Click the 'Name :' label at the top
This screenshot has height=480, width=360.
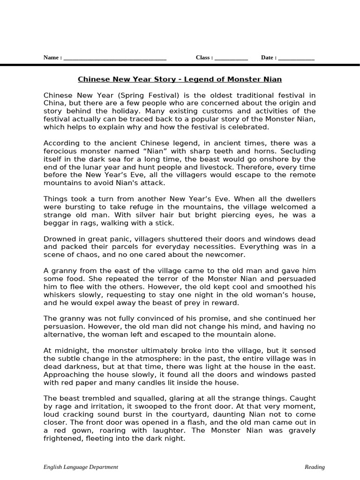52,58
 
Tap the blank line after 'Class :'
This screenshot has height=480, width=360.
231,58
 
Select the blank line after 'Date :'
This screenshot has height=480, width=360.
296,58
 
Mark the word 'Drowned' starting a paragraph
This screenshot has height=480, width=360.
60,239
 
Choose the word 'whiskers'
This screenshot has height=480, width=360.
60,294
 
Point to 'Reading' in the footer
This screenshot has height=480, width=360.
315,467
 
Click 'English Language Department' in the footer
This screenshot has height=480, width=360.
81,467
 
